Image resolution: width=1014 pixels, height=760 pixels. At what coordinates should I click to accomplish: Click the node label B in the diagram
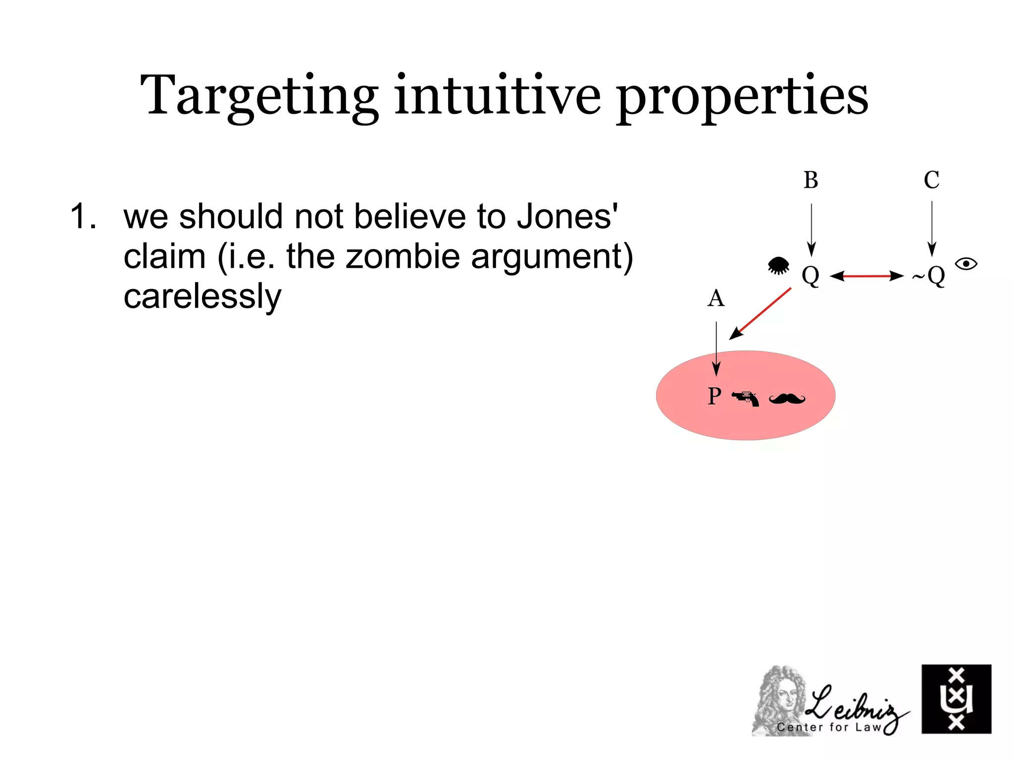tap(811, 180)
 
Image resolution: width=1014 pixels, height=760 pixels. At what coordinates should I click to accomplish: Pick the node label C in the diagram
tap(931, 180)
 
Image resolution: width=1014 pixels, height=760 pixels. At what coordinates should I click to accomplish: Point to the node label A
tap(716, 299)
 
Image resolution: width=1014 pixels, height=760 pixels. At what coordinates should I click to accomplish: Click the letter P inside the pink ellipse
tap(714, 396)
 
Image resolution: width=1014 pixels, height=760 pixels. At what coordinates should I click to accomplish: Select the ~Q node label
tap(929, 276)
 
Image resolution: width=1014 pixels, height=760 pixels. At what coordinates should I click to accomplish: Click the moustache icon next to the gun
tap(787, 398)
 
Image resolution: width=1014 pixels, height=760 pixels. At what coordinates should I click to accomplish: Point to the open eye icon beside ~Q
tap(966, 264)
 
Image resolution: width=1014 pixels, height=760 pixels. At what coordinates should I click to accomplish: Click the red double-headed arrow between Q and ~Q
tap(866, 276)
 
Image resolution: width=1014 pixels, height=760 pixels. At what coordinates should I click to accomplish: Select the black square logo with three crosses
tap(956, 699)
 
